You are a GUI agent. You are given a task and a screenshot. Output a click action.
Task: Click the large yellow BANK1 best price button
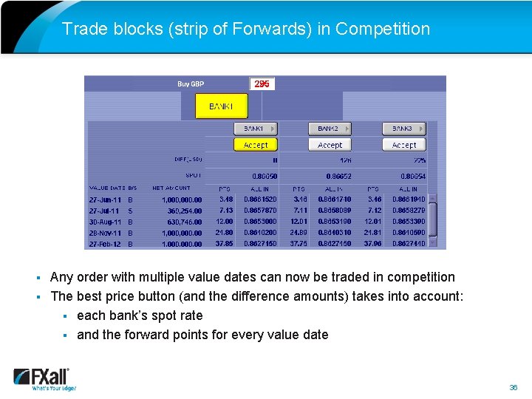(222, 106)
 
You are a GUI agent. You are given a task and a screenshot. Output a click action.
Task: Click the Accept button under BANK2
(330, 145)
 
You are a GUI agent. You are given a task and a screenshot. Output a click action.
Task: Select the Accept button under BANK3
(403, 145)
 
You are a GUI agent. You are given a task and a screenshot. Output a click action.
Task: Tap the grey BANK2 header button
(330, 129)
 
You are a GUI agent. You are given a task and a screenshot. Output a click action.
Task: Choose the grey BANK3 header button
(403, 129)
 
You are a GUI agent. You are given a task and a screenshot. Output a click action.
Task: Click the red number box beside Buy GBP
(262, 84)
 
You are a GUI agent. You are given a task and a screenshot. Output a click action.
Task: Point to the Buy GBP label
(191, 84)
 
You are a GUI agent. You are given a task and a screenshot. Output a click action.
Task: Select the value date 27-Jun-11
(105, 199)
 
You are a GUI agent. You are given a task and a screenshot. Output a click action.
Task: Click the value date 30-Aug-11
(105, 222)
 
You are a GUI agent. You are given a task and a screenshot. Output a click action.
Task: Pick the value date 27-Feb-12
(105, 244)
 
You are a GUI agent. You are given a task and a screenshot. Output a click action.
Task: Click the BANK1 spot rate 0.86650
(265, 177)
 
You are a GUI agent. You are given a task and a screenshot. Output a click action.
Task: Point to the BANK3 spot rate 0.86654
(413, 177)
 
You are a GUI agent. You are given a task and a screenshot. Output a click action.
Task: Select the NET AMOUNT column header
(171, 188)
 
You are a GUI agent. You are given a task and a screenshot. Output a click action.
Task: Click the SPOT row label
(194, 176)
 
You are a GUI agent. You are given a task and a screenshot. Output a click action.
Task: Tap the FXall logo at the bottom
(44, 378)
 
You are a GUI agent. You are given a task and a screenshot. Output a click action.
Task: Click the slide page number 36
(513, 387)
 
